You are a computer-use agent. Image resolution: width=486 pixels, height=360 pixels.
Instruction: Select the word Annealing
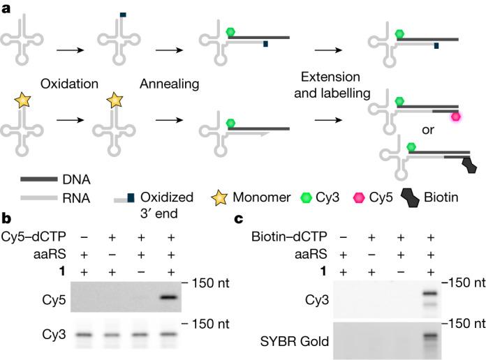click(169, 83)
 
